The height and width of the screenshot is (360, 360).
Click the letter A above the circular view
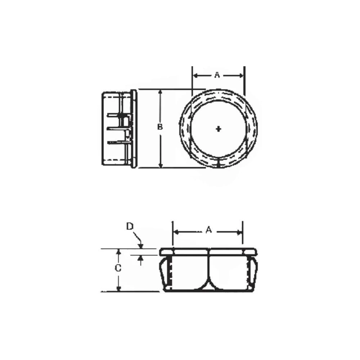tap(217, 75)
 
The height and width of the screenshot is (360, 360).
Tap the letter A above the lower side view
tap(208, 230)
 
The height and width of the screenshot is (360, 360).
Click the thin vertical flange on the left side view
tap(134, 129)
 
